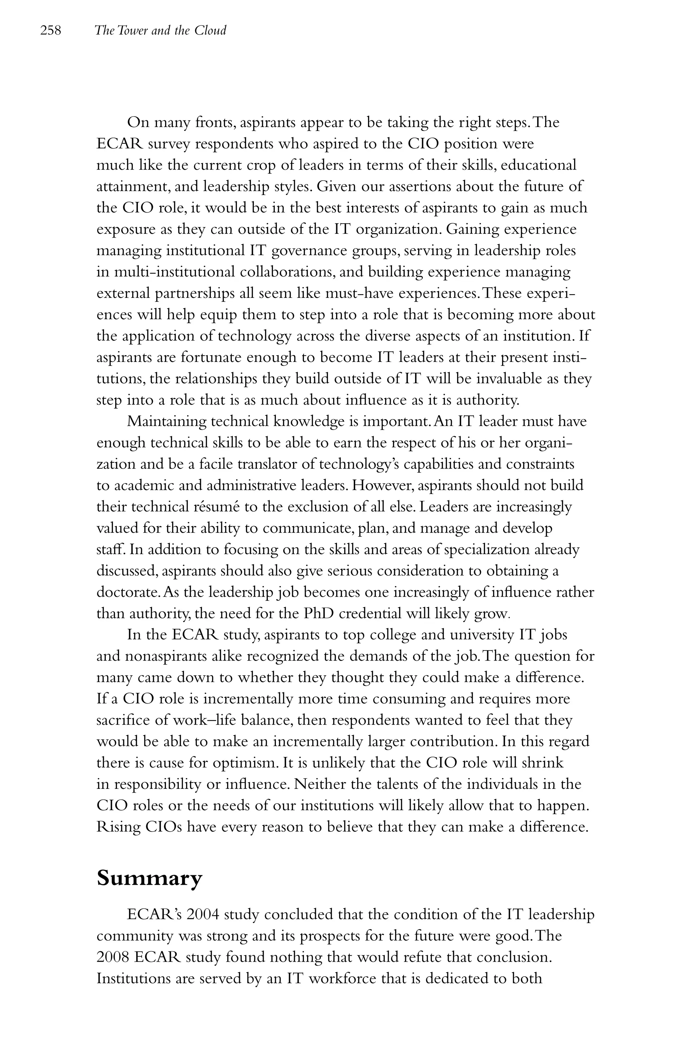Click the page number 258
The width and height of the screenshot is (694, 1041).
[50, 30]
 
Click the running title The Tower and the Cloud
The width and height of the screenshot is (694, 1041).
[160, 30]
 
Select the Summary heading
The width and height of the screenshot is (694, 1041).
[149, 878]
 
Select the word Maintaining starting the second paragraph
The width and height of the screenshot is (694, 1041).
[166, 421]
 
